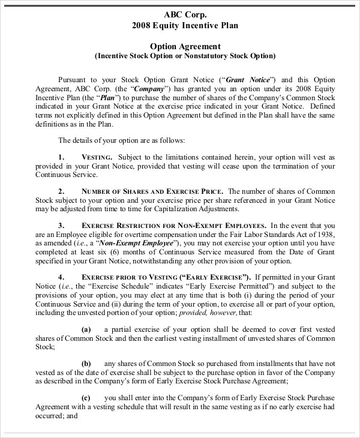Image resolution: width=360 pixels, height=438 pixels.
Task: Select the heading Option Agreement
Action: click(185, 46)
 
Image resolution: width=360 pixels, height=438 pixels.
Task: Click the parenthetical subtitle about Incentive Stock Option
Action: click(185, 56)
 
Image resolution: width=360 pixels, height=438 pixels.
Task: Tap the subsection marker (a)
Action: click(85, 329)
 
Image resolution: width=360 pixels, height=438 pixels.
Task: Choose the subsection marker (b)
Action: click(86, 364)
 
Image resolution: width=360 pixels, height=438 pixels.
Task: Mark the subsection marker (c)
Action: click(85, 398)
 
